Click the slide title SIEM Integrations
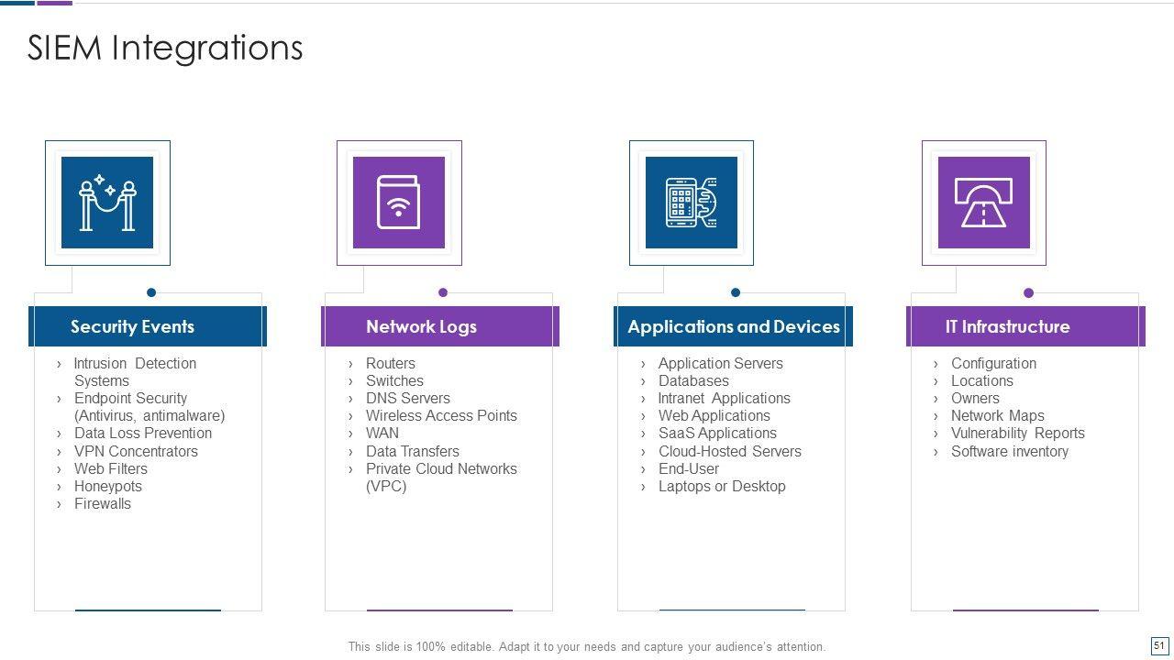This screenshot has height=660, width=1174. (x=165, y=48)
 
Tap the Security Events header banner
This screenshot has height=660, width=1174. (x=147, y=326)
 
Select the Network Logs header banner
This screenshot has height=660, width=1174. (x=439, y=326)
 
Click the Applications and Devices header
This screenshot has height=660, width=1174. (x=733, y=326)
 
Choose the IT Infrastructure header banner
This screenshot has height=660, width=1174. (x=1025, y=326)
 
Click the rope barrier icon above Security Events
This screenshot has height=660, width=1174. (x=107, y=203)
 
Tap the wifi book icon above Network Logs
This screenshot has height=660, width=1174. (x=399, y=203)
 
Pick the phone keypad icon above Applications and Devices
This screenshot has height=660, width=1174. (x=692, y=203)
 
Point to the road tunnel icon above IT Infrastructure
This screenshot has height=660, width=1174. (x=984, y=203)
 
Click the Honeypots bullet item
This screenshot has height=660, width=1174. (x=107, y=486)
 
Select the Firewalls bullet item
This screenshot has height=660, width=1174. (x=102, y=503)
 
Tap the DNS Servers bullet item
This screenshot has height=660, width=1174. (x=407, y=398)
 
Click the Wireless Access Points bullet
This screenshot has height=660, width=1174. (x=441, y=415)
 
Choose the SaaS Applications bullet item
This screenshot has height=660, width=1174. (x=717, y=433)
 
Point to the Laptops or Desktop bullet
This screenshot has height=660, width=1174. (x=722, y=486)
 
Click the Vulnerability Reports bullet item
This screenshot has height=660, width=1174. (x=1017, y=433)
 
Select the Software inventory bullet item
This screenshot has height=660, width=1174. (x=1009, y=451)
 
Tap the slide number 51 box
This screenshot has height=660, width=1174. (x=1159, y=645)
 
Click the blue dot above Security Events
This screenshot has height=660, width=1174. (x=151, y=292)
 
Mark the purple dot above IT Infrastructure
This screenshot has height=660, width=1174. (x=1028, y=292)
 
